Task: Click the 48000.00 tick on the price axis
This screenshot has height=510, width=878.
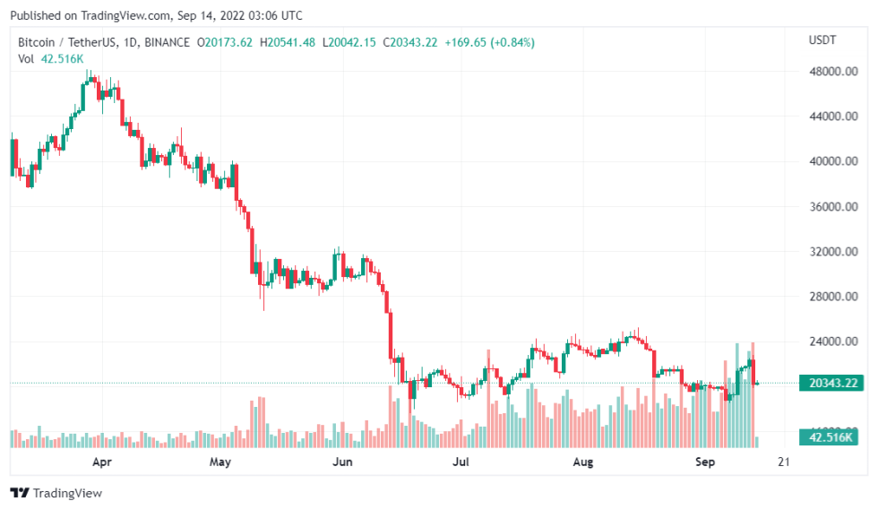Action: click(x=828, y=72)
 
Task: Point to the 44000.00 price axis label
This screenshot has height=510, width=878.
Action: click(x=828, y=117)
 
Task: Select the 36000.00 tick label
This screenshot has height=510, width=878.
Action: click(x=828, y=207)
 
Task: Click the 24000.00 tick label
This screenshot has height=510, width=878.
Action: click(x=828, y=341)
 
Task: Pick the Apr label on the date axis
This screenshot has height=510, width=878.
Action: click(x=101, y=462)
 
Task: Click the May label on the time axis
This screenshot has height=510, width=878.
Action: click(x=219, y=462)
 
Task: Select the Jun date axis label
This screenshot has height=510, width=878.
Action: click(x=341, y=462)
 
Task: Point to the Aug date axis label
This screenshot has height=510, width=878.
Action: click(x=583, y=462)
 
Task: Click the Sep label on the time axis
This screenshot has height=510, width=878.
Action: click(x=705, y=462)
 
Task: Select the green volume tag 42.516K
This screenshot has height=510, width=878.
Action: click(x=829, y=437)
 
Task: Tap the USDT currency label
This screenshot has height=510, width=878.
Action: click(x=822, y=40)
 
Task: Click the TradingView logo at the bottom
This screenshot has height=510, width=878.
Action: click(x=56, y=493)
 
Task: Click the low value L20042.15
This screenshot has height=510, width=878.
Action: click(x=350, y=42)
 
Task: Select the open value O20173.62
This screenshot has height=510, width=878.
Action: click(x=225, y=42)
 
